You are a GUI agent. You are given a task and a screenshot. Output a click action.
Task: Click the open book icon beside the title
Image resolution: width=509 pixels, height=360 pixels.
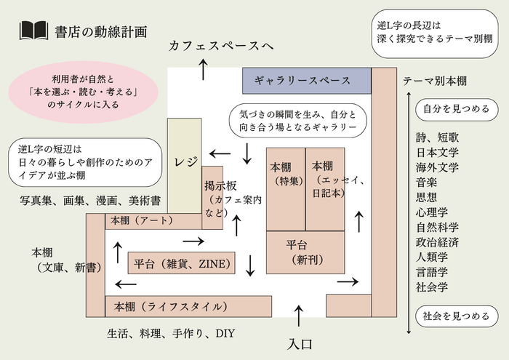33,31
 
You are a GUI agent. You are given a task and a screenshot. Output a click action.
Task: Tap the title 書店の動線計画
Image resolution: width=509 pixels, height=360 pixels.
100,31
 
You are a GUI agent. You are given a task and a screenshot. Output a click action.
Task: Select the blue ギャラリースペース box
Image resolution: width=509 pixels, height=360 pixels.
302,81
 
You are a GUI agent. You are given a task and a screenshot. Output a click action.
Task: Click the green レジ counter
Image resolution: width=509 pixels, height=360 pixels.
184,164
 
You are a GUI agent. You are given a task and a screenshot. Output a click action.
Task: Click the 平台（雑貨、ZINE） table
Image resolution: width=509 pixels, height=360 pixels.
181,263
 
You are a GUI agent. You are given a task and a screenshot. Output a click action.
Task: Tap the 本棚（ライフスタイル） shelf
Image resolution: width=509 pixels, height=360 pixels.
189,306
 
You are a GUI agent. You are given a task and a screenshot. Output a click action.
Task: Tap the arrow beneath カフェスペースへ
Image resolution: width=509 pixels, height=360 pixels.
203,70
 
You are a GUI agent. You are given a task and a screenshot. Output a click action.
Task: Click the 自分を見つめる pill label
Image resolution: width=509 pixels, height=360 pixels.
456,109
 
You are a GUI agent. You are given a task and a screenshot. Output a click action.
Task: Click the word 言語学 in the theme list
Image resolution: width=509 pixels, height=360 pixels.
437,271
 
